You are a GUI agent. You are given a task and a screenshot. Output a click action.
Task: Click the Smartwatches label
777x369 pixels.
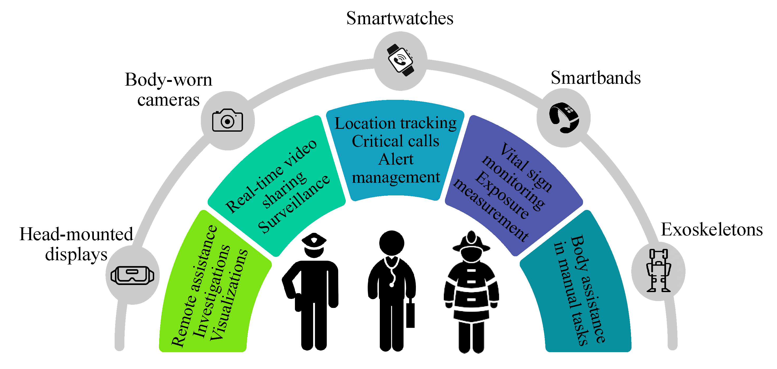pos(399,18)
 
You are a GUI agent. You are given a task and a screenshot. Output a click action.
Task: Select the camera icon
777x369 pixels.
pos(227,121)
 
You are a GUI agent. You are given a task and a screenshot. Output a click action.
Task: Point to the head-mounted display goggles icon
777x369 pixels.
pos(132,275)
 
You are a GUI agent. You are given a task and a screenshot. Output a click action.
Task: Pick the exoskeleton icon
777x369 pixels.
pos(658,270)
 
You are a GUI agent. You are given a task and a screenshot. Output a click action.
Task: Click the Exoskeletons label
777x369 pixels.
pos(712,230)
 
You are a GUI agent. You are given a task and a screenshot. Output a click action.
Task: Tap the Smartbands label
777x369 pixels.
pos(595,78)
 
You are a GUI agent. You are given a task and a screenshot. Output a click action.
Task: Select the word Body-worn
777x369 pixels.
pos(168,80)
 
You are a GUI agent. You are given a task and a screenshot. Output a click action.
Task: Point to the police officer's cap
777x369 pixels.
pos(314,240)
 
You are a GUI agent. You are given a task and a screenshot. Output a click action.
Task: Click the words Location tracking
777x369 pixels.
pos(395,123)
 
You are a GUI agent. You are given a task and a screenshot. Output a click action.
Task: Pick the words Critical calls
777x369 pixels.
pos(395,141)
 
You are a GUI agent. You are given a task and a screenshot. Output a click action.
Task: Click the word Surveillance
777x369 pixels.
pos(294,204)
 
